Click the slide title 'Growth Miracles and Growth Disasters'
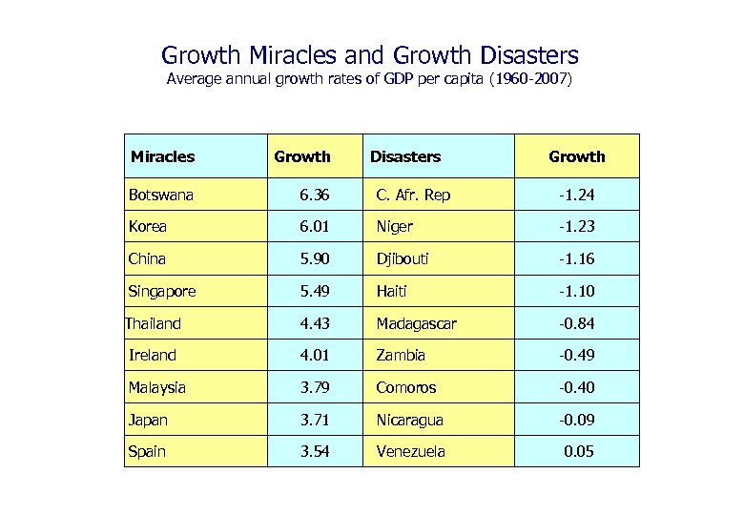(x=370, y=55)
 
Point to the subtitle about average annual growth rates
(x=370, y=79)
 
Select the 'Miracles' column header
(x=162, y=156)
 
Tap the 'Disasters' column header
(x=405, y=156)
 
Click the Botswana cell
(x=161, y=196)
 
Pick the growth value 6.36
(x=314, y=196)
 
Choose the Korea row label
(x=148, y=227)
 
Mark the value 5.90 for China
(x=314, y=258)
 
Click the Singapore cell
(x=164, y=291)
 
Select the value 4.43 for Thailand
(x=314, y=323)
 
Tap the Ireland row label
(x=153, y=355)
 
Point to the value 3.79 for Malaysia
(x=314, y=387)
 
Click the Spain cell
(x=147, y=451)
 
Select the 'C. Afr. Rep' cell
(x=413, y=196)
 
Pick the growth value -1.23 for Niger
(x=576, y=227)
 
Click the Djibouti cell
(x=403, y=258)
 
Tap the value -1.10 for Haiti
(x=576, y=291)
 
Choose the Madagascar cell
(x=416, y=323)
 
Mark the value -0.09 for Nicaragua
(x=576, y=420)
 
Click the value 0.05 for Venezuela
(x=578, y=451)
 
